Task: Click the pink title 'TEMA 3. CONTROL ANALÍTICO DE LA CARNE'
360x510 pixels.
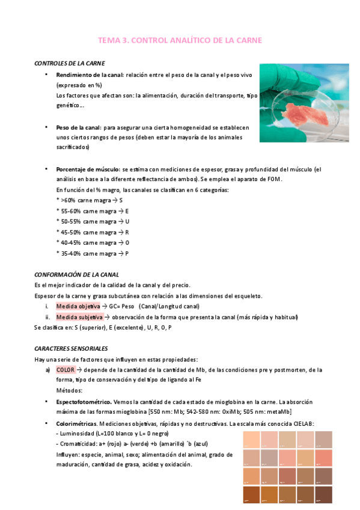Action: point(180,40)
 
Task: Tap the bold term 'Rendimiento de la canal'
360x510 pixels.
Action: point(89,75)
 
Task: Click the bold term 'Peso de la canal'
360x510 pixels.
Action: point(78,127)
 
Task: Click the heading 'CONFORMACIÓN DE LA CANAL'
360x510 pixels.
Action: point(76,275)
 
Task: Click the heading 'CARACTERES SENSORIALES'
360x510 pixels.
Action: point(71,348)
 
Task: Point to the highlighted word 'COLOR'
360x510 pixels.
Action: point(66,370)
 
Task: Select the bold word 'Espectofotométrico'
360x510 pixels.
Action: point(84,401)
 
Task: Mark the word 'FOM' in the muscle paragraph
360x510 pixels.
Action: point(273,180)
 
